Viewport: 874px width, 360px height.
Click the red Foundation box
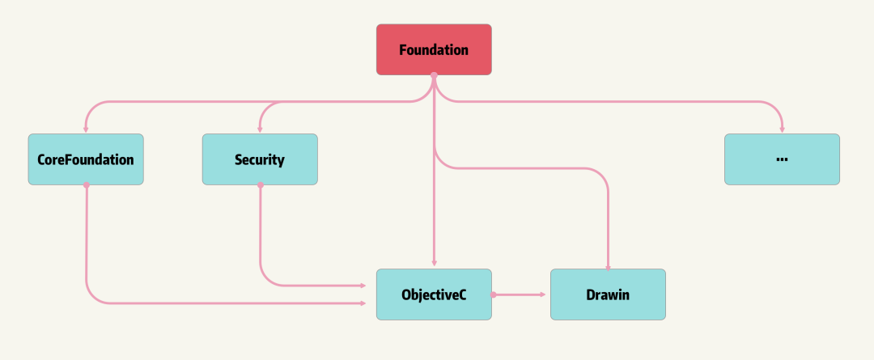pos(434,49)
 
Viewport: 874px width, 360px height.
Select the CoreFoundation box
pos(86,159)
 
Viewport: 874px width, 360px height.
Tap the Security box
pos(260,159)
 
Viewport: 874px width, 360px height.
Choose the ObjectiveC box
pos(434,294)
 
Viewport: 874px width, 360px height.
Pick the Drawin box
pos(608,294)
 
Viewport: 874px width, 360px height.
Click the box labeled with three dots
pos(782,159)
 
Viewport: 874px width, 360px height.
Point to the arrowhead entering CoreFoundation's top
pos(86,129)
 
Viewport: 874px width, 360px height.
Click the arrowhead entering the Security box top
pos(260,129)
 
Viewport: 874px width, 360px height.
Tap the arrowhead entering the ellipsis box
pos(782,129)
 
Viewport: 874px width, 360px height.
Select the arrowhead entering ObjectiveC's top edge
pos(435,265)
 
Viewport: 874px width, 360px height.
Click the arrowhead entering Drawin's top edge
pos(608,265)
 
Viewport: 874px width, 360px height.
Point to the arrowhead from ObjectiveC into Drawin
pos(544,294)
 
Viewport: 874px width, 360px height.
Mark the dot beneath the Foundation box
pos(434,75)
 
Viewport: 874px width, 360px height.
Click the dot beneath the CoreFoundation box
pos(86,185)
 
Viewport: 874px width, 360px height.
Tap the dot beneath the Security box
pos(260,185)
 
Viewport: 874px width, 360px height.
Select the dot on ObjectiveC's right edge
pos(493,294)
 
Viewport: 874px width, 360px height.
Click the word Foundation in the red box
pos(434,49)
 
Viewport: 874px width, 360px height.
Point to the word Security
pos(260,159)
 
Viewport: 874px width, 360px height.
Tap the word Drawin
pos(608,294)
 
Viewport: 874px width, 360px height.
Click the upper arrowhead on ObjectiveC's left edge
pos(363,286)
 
